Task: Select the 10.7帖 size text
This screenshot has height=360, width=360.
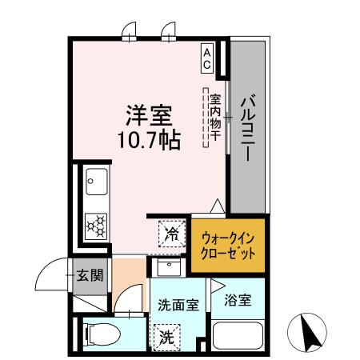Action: click(x=150, y=140)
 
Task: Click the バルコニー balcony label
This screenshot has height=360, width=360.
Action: click(x=247, y=127)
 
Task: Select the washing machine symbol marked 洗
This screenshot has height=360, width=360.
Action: click(x=167, y=337)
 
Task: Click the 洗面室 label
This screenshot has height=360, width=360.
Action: click(x=178, y=304)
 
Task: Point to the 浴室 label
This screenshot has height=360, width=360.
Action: click(x=238, y=301)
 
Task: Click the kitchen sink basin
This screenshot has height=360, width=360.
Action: click(x=97, y=186)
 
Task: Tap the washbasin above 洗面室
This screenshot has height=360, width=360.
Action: click(x=168, y=267)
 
